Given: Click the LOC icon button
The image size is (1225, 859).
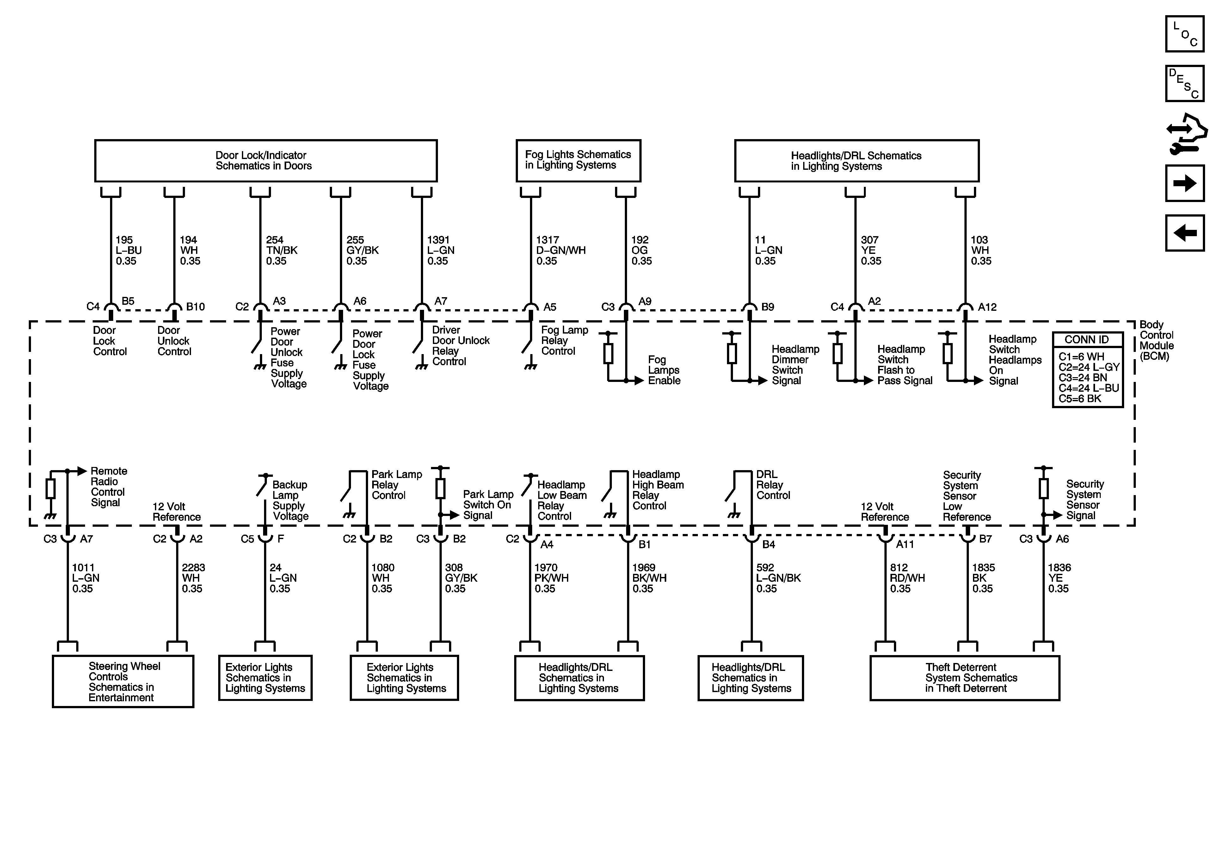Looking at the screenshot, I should click(x=1185, y=34).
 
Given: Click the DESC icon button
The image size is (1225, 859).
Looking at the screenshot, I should click(x=1185, y=83).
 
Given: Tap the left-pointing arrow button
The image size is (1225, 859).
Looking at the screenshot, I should click(x=1185, y=233).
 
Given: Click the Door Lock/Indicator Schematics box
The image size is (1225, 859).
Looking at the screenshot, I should click(x=265, y=161).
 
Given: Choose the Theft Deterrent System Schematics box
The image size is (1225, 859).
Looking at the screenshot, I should click(x=965, y=678).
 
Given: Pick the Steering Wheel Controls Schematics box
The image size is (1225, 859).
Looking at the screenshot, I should click(x=123, y=681).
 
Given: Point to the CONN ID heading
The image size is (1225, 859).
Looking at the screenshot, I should click(x=1087, y=339).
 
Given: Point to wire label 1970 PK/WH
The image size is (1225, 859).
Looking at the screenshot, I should click(x=551, y=578).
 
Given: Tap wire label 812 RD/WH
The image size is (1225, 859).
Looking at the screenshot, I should click(x=907, y=578).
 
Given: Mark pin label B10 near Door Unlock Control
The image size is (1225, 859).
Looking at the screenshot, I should click(x=195, y=307).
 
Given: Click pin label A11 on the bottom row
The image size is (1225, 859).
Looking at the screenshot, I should click(x=905, y=544).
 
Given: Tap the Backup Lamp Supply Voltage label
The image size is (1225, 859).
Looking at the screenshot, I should click(x=290, y=500).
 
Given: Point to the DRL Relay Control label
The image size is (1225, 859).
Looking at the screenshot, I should click(x=773, y=485).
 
